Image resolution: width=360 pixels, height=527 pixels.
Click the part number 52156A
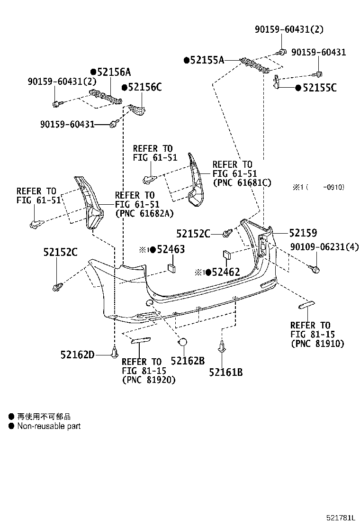pyautogui.click(x=113, y=72)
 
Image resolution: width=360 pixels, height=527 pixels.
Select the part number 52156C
pyautogui.click(x=144, y=87)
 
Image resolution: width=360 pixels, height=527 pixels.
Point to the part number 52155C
pyautogui.click(x=319, y=88)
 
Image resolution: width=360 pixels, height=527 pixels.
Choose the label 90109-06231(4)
pyautogui.click(x=324, y=247)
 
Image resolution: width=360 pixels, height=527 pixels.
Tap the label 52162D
pyautogui.click(x=78, y=354)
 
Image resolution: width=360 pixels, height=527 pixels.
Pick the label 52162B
pyautogui.click(x=188, y=361)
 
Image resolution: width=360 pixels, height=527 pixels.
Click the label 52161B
pyautogui.click(x=225, y=372)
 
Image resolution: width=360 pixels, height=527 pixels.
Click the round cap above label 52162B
pyautogui.click(x=182, y=342)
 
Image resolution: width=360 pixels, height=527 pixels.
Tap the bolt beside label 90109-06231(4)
pyautogui.click(x=315, y=270)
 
